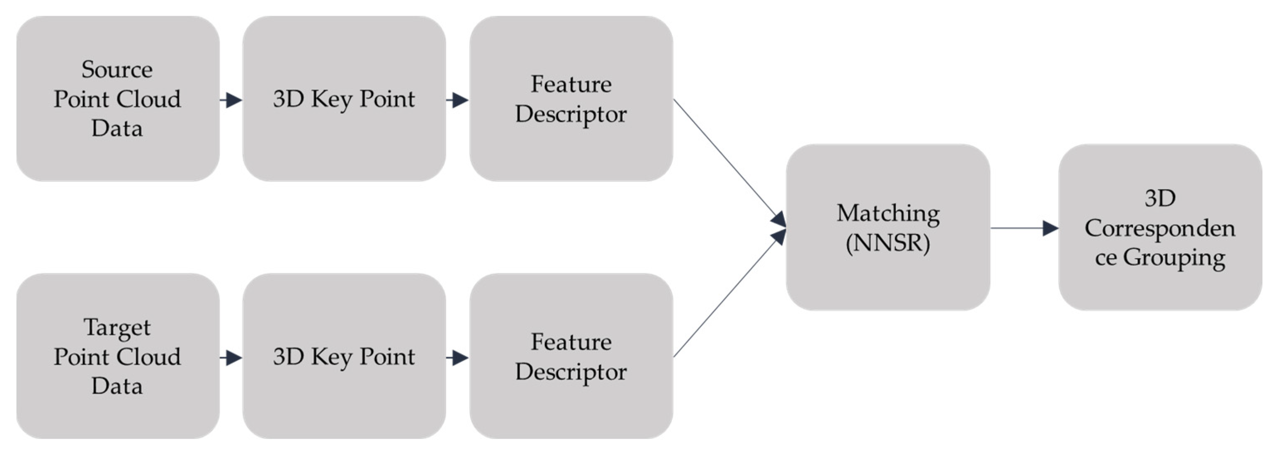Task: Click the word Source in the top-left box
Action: [117, 69]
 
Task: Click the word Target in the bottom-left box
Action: [117, 327]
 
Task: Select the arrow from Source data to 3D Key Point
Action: [231, 100]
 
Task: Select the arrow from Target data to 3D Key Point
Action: [231, 357]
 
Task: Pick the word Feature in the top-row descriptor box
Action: [571, 84]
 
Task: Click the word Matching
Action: [888, 213]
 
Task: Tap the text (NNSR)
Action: [888, 243]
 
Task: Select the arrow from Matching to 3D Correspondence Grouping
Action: [1023, 228]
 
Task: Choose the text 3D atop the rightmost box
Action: [1159, 199]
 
